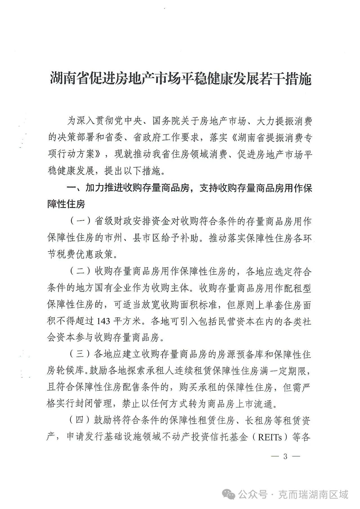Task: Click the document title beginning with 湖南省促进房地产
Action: coord(180,79)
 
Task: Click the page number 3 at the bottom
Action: coord(285,456)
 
